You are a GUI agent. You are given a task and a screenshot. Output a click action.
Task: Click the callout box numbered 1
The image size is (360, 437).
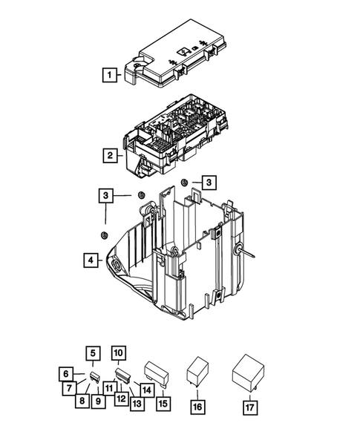point(109,74)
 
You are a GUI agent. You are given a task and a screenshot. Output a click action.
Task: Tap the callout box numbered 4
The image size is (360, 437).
point(89,260)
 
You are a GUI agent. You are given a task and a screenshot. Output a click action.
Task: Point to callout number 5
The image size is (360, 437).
point(93,353)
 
